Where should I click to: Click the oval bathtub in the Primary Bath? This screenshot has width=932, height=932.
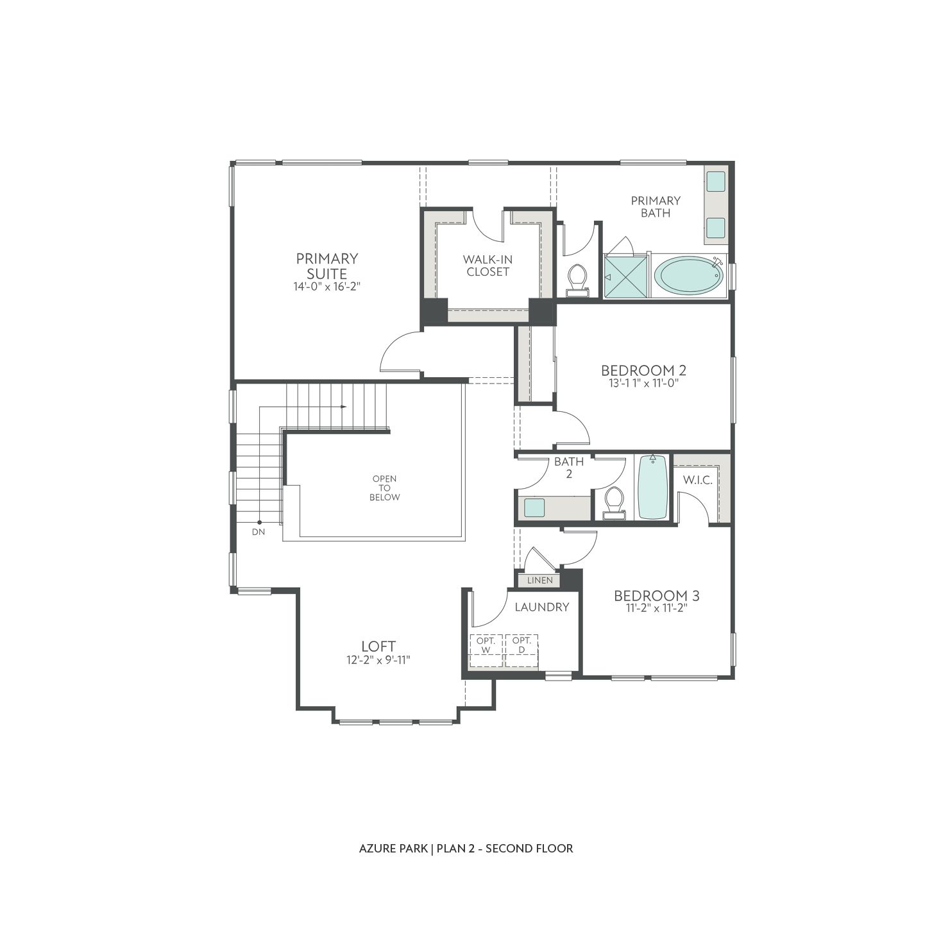click(x=688, y=276)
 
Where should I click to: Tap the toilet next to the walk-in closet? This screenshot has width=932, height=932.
click(x=577, y=280)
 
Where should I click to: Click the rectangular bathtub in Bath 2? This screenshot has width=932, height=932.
click(x=652, y=487)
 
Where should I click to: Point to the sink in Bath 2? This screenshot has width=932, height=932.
click(x=534, y=507)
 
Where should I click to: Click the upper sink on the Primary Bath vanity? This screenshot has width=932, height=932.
click(x=715, y=181)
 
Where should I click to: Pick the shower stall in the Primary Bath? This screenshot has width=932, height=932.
click(x=626, y=276)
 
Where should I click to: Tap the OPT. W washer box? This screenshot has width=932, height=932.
click(x=486, y=645)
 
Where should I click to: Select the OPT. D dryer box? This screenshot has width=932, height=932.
click(x=521, y=645)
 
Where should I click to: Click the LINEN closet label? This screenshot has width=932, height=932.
click(x=539, y=580)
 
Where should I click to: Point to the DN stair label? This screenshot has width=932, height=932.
click(x=258, y=532)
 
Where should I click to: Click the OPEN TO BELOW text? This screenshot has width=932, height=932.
click(x=384, y=488)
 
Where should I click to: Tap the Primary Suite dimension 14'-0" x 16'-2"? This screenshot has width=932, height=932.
click(x=327, y=287)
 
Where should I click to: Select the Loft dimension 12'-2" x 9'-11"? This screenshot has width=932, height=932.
click(x=378, y=660)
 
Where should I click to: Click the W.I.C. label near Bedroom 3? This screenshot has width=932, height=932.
click(x=697, y=480)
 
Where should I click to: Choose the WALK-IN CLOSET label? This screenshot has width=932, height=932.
click(x=487, y=266)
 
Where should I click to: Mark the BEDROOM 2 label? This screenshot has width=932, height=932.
click(x=643, y=370)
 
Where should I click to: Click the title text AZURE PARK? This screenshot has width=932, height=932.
click(x=393, y=849)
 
